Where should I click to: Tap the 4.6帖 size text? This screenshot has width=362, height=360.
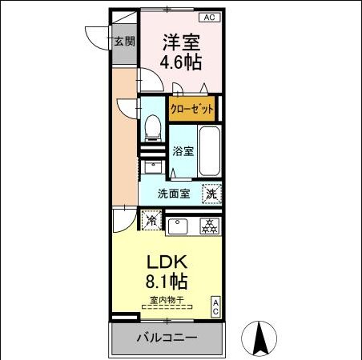click(182, 61)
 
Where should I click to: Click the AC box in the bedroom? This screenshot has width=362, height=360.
click(207, 17)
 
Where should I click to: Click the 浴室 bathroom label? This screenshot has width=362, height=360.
click(183, 151)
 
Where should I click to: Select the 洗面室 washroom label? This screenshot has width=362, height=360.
click(173, 193)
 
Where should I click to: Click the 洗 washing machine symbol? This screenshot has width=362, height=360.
click(211, 193)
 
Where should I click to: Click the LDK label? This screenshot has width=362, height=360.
click(167, 262)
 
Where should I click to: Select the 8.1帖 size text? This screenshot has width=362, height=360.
click(167, 282)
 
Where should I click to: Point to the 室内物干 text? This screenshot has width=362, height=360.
click(167, 301)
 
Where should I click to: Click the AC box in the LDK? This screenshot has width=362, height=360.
click(215, 306)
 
